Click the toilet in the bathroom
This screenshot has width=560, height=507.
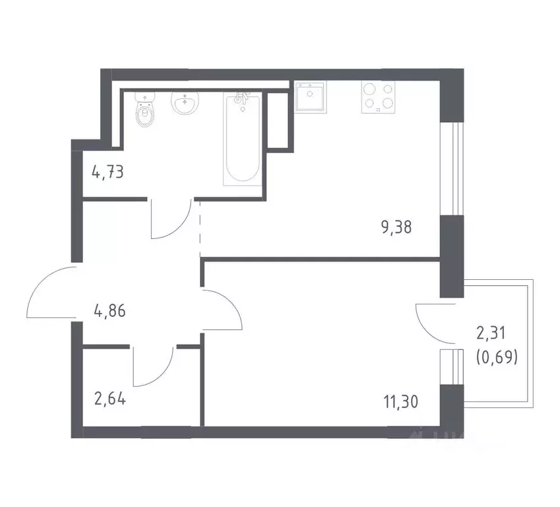[x=145, y=112]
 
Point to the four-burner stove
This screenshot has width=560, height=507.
[x=377, y=98]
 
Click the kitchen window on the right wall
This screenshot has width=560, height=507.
[x=452, y=168]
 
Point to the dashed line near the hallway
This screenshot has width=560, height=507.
[x=200, y=228]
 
